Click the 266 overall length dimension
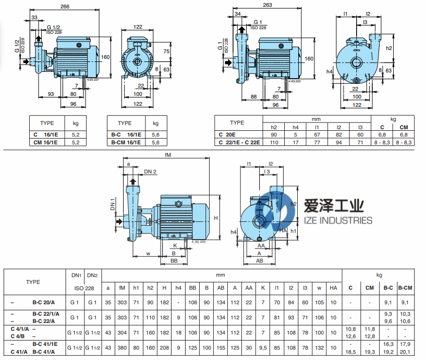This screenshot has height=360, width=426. click(65, 6)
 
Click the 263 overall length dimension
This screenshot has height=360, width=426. click(268, 5)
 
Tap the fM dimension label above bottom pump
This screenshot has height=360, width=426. click(167, 155)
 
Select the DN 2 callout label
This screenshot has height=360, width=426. click(151, 171)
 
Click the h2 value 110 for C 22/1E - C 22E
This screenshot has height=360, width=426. click(274, 142)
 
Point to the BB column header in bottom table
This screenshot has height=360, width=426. click(192, 288)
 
